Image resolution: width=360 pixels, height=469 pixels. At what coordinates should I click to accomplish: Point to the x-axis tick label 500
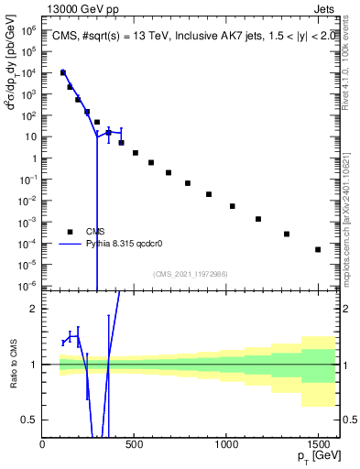pyautogui.click(x=135, y=445)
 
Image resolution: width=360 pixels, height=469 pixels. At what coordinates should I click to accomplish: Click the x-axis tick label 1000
pyautogui.click(x=226, y=445)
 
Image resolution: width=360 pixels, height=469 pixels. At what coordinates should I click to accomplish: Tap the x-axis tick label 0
pyautogui.click(x=43, y=445)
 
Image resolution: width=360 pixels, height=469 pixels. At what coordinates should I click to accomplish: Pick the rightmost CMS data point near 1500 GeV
pyautogui.click(x=318, y=249)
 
